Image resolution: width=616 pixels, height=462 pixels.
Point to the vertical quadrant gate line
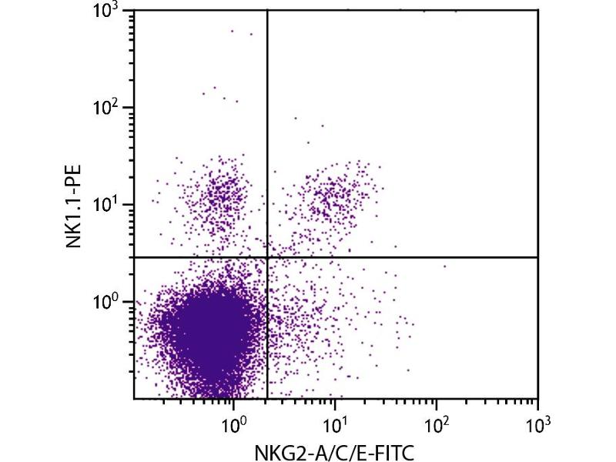click(x=266, y=139)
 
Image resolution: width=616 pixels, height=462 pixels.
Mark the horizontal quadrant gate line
click(x=400, y=256)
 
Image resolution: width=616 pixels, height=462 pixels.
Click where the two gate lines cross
click(x=266, y=256)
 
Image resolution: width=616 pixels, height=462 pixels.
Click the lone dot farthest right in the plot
click(x=444, y=266)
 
